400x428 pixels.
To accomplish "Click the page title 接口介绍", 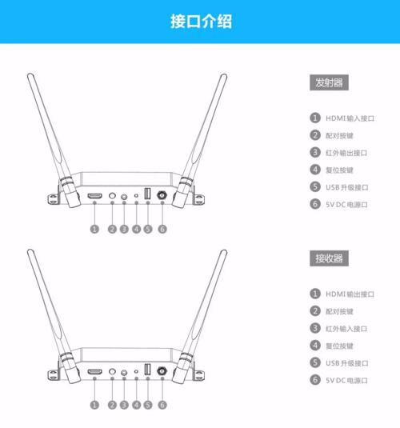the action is pyautogui.click(x=202, y=22).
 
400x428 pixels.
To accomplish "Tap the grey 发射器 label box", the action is pyautogui.click(x=329, y=82).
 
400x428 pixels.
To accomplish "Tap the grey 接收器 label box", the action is pyautogui.click(x=329, y=258).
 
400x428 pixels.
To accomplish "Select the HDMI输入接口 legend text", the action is pyautogui.click(x=350, y=118).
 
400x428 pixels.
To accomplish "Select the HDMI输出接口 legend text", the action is pyautogui.click(x=350, y=294).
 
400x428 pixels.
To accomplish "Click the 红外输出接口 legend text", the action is pyautogui.click(x=346, y=153).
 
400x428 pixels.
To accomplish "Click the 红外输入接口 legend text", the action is pyautogui.click(x=346, y=329).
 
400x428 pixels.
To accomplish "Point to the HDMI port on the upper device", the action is pyautogui.click(x=94, y=196).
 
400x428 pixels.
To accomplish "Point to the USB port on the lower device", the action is pyautogui.click(x=148, y=370).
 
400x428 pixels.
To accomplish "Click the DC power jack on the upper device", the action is pyautogui.click(x=162, y=195).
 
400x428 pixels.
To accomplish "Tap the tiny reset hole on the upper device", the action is pyautogui.click(x=136, y=196).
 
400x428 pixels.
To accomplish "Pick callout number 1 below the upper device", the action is pyautogui.click(x=94, y=229).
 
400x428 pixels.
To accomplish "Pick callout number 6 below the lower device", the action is pyautogui.click(x=162, y=405).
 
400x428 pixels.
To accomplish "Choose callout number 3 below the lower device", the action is pyautogui.click(x=124, y=405).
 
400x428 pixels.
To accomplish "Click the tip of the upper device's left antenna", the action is pyautogui.click(x=30, y=75).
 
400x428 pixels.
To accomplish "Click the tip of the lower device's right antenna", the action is pyautogui.click(x=224, y=251).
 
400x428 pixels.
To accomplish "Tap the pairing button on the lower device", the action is pyautogui.click(x=112, y=371).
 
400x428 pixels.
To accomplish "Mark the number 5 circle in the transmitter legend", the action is pyautogui.click(x=315, y=186).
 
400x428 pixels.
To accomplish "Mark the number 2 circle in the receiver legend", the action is pyautogui.click(x=315, y=310).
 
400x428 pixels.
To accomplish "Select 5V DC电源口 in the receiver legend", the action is pyautogui.click(x=346, y=380).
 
